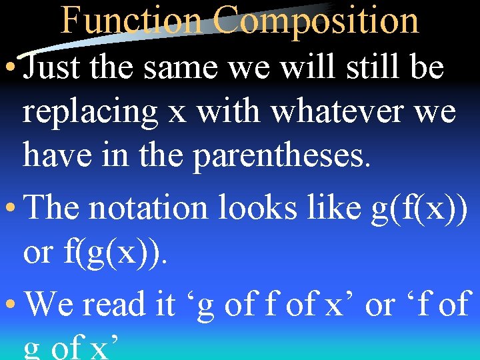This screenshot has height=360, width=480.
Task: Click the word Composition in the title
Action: pos(317,20)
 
